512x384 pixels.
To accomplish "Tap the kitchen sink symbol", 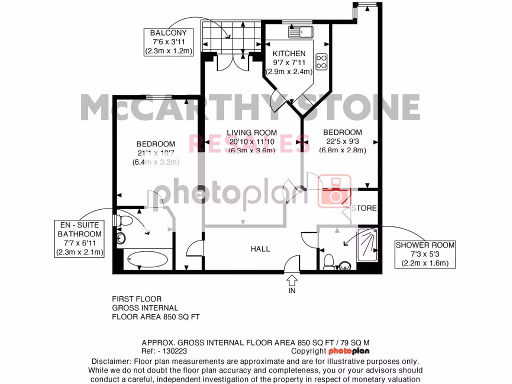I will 300,32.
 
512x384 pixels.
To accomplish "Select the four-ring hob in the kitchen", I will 322,61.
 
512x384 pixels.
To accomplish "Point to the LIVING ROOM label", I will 251,133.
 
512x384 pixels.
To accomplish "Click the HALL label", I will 260,248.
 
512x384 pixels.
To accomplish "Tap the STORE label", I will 364,208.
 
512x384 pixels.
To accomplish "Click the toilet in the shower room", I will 329,260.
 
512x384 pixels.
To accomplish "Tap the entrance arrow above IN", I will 292,278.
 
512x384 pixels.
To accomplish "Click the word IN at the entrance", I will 292,290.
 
